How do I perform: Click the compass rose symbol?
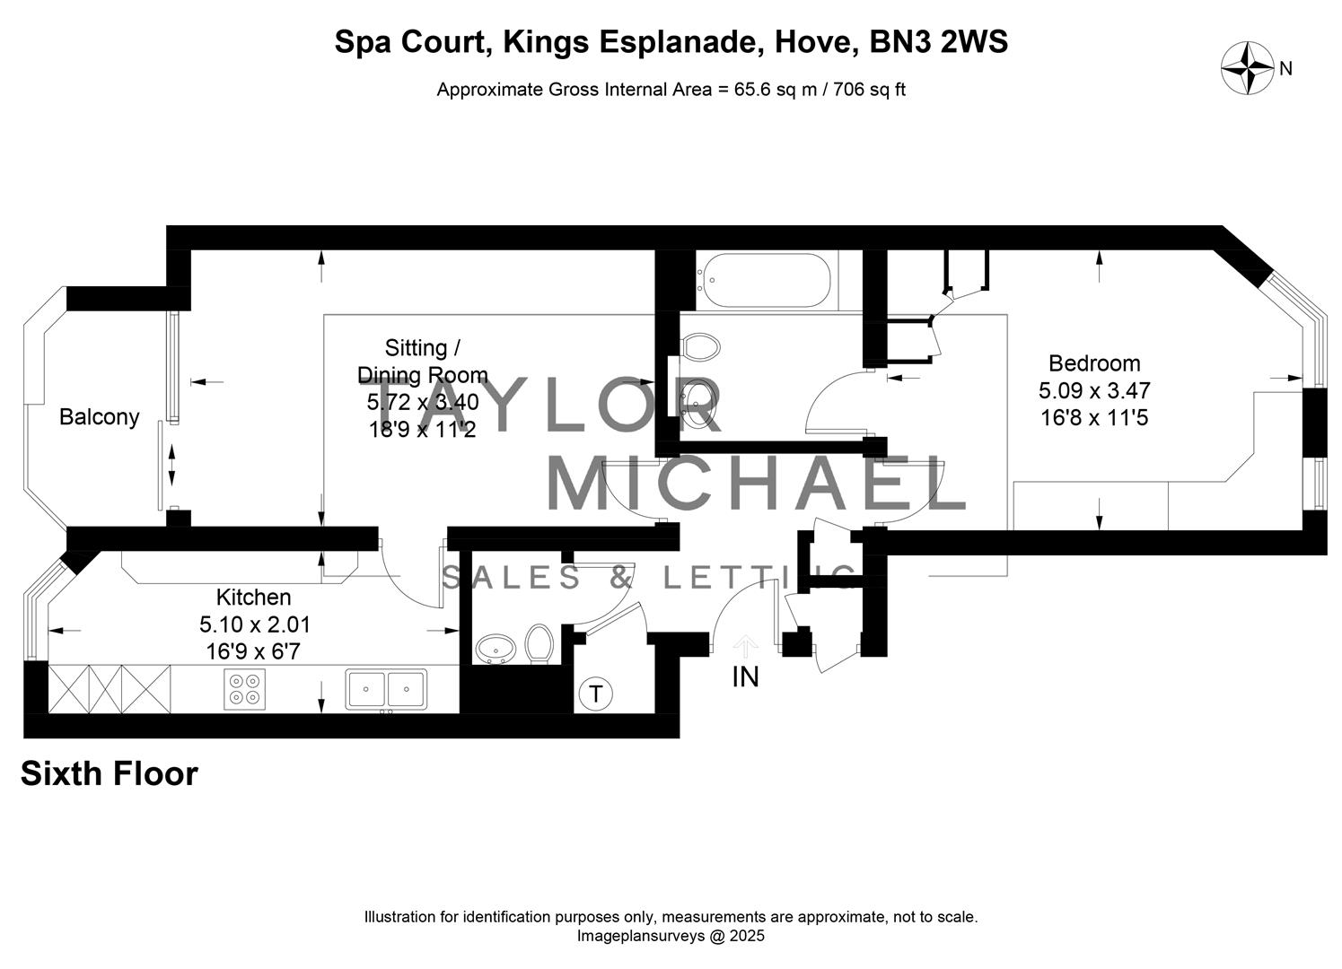coord(1248,68)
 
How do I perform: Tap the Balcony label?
coord(100,417)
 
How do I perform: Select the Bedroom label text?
coord(1094,363)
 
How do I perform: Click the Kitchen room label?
coord(253,597)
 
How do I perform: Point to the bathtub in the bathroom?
coord(765,280)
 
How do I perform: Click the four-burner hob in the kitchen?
coord(244,689)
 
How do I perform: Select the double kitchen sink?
coord(386,689)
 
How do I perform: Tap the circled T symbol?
coord(595,694)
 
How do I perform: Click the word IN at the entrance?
coord(745,677)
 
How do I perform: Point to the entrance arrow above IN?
coord(745,647)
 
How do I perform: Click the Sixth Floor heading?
coord(109,773)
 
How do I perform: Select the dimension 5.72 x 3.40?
coord(423,402)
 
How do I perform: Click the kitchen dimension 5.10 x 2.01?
coord(255,624)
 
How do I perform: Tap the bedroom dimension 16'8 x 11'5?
coord(1094,417)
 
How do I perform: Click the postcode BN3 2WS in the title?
coord(939,42)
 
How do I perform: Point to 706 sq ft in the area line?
coord(870,90)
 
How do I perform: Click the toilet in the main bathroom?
coord(700,347)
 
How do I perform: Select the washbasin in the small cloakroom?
coord(496,650)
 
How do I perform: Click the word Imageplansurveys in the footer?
coord(640,936)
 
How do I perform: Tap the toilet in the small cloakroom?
coord(539,644)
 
